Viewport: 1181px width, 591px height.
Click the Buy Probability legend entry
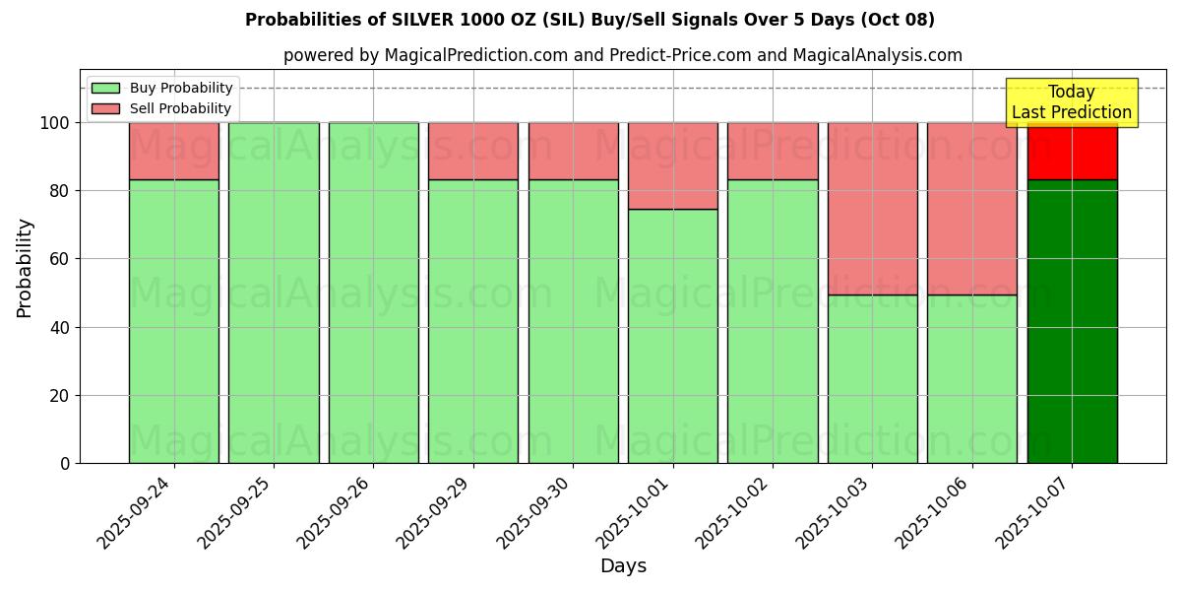(x=162, y=89)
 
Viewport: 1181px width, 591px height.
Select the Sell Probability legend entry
(x=162, y=109)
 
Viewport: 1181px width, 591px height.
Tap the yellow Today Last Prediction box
(x=1071, y=102)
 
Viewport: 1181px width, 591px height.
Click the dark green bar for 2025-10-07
(x=1072, y=321)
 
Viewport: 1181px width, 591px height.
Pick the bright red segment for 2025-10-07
(x=1072, y=152)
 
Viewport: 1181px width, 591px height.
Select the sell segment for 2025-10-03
(x=872, y=209)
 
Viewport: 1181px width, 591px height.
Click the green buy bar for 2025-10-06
(x=971, y=379)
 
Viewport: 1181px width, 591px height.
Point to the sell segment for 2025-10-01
(x=673, y=165)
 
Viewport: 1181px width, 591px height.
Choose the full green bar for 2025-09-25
(x=274, y=293)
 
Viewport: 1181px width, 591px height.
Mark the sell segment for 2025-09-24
(x=174, y=151)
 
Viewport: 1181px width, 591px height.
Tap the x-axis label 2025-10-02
(x=739, y=512)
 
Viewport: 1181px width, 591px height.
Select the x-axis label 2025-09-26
(x=341, y=512)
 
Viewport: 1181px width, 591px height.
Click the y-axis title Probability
(x=25, y=268)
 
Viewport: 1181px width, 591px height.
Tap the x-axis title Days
(x=623, y=566)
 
